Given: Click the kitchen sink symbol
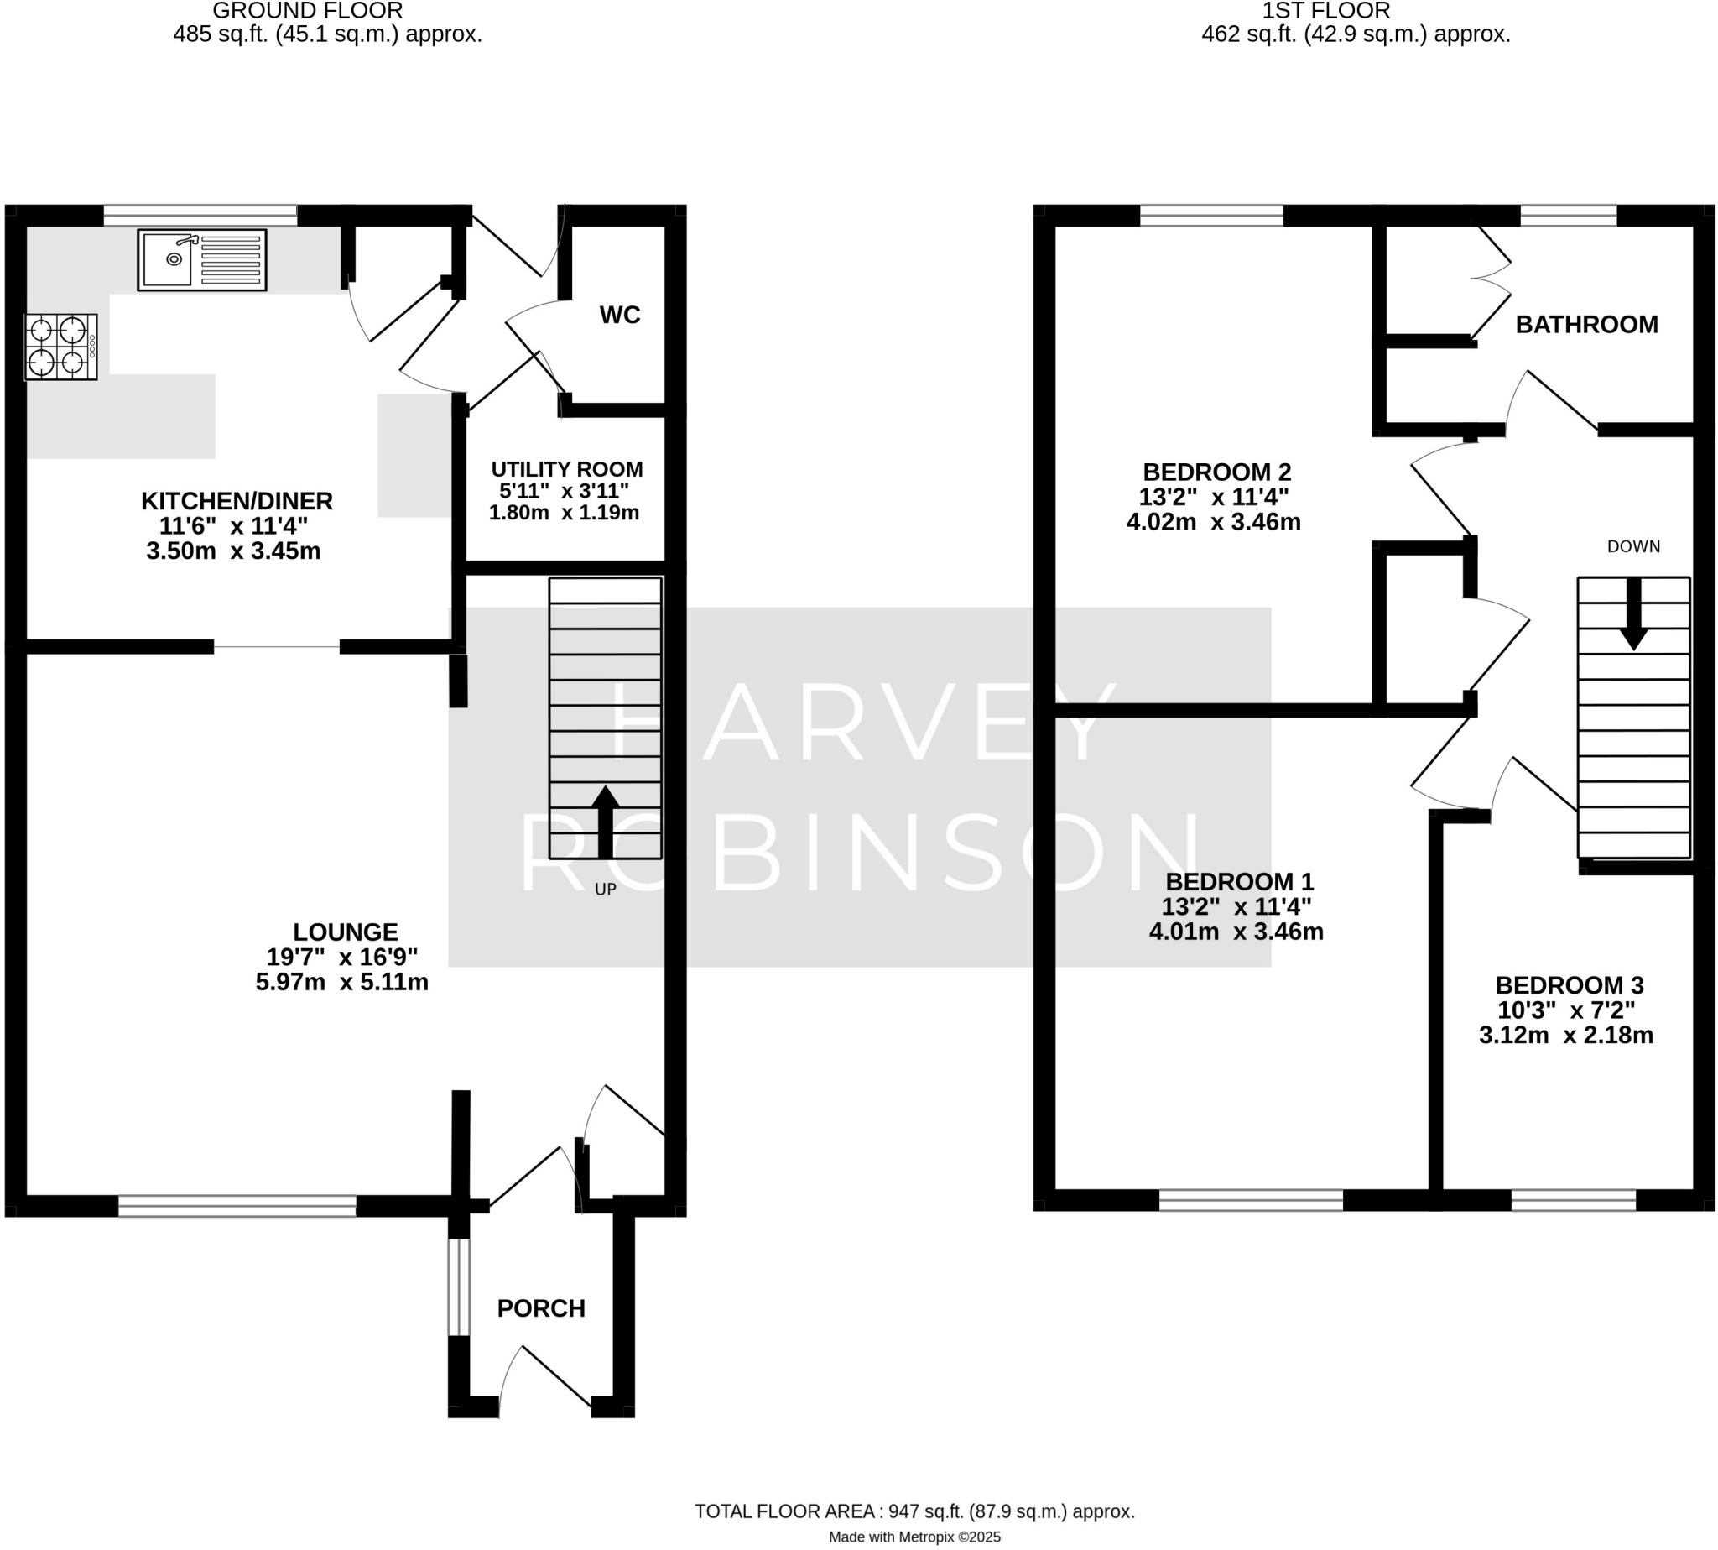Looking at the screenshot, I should (202, 259).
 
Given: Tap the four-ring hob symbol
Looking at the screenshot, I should (60, 347).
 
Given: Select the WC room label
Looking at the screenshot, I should (619, 315).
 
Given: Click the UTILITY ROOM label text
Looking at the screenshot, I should (566, 469).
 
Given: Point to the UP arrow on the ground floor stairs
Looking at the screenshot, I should (605, 821).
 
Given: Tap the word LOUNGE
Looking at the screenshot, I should (345, 932).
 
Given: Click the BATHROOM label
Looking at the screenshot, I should (1586, 325).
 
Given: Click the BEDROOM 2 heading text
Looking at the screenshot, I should (1216, 472).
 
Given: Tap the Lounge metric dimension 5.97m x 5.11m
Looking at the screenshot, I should (341, 982).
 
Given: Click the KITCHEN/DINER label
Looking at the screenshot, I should (236, 501).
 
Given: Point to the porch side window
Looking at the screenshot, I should (458, 1286).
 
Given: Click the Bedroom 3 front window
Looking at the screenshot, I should (1572, 1201).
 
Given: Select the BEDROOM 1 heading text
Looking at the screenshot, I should (1239, 881).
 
